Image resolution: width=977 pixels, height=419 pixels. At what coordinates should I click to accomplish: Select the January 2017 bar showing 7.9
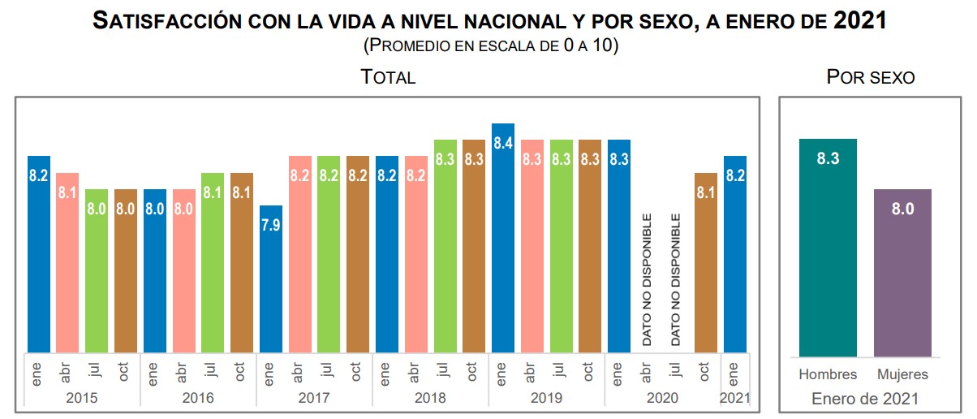[x=271, y=279]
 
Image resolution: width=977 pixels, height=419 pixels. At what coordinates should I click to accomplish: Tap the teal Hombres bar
[x=828, y=248]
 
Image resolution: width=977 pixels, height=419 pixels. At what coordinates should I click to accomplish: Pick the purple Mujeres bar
[x=902, y=273]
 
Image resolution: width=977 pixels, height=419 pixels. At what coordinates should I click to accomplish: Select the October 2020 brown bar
[x=706, y=263]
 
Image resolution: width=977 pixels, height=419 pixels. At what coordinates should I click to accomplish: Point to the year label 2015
[x=82, y=398]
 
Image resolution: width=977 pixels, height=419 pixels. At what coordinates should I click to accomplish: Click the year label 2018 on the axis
[x=430, y=398]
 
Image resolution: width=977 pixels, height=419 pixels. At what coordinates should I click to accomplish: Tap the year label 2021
[x=735, y=398]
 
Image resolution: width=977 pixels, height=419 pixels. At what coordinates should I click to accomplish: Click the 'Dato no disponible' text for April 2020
[x=648, y=280]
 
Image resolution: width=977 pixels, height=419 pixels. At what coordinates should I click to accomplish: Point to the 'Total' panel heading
[x=388, y=78]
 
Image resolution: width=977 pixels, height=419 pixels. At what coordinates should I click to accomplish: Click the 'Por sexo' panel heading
[x=870, y=78]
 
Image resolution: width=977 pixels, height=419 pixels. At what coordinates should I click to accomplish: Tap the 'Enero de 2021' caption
[x=865, y=399]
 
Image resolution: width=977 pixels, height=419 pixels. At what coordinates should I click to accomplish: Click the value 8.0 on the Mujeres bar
[x=902, y=209]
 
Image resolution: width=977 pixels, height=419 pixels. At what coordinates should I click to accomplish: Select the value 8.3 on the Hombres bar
[x=828, y=159]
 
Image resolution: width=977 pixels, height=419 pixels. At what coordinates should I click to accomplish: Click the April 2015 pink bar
[x=67, y=263]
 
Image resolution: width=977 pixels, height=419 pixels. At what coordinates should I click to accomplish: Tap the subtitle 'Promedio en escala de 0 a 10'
[x=491, y=45]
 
